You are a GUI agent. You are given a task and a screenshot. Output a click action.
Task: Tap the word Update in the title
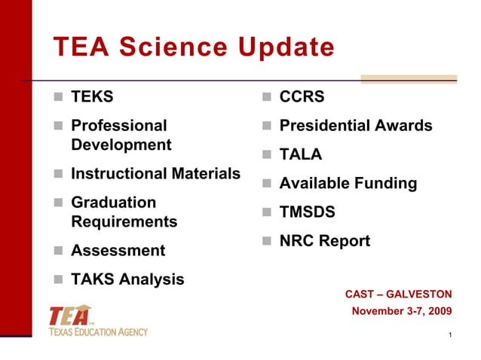(286, 47)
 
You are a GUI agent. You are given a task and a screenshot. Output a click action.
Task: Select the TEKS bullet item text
(92, 97)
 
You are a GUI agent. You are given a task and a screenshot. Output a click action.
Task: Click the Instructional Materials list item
(155, 174)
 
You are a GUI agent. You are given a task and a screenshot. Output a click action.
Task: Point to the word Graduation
(113, 203)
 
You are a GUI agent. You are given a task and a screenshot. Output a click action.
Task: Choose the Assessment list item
(117, 250)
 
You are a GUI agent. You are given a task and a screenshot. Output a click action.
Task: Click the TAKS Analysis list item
(127, 279)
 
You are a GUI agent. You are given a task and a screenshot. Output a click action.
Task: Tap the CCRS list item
(302, 97)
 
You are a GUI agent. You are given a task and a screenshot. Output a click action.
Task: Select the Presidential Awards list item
(356, 126)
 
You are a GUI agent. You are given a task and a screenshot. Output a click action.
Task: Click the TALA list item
(301, 154)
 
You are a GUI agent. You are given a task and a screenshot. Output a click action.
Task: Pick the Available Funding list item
(348, 183)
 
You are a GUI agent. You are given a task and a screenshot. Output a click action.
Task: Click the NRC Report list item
(324, 241)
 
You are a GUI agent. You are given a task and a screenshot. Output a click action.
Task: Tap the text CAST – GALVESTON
(398, 294)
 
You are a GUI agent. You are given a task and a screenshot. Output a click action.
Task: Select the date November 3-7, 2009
(402, 310)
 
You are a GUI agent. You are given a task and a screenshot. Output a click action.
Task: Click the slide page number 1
(449, 335)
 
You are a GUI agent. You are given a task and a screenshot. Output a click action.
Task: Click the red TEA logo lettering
(70, 316)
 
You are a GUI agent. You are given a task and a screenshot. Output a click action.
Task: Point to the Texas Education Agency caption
(99, 331)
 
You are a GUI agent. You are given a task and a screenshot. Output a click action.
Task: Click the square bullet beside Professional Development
(58, 127)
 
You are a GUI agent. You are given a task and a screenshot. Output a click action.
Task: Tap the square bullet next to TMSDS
(267, 213)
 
